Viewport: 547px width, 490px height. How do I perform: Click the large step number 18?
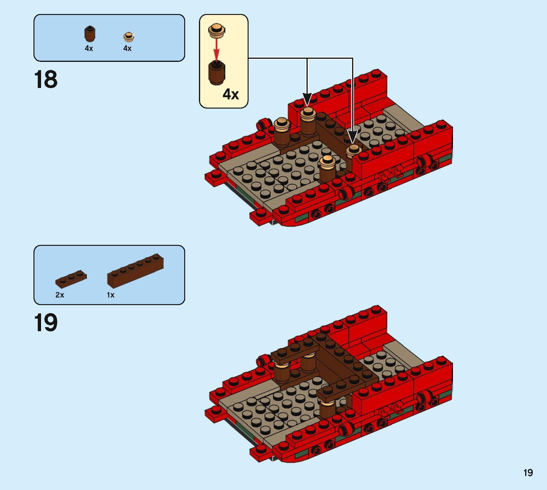(x=46, y=79)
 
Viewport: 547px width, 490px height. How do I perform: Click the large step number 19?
(x=46, y=323)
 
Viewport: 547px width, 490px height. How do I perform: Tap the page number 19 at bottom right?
(x=528, y=473)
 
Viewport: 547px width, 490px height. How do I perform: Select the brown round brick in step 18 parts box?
(x=90, y=34)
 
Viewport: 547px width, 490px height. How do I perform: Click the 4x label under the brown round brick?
(x=89, y=48)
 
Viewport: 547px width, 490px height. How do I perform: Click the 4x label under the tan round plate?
(x=127, y=48)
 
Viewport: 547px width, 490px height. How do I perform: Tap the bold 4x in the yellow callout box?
(x=231, y=94)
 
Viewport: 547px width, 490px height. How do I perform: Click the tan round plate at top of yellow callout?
(x=217, y=30)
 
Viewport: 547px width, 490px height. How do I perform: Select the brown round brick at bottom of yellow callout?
(x=217, y=73)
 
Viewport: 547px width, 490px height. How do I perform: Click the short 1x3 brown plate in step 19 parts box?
(x=71, y=278)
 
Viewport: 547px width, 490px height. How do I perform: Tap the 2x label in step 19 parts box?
(x=60, y=295)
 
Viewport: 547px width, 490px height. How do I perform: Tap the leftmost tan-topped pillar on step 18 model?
(x=282, y=132)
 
